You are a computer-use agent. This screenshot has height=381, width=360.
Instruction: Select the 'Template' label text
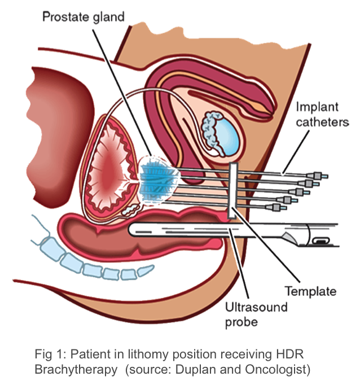[x=310, y=291]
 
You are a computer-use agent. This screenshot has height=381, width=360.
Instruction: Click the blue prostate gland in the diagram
[x=155, y=177]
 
